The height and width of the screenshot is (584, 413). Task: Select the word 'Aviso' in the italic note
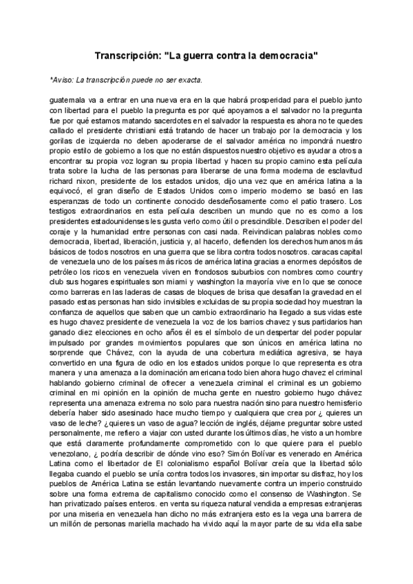pos(63,79)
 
